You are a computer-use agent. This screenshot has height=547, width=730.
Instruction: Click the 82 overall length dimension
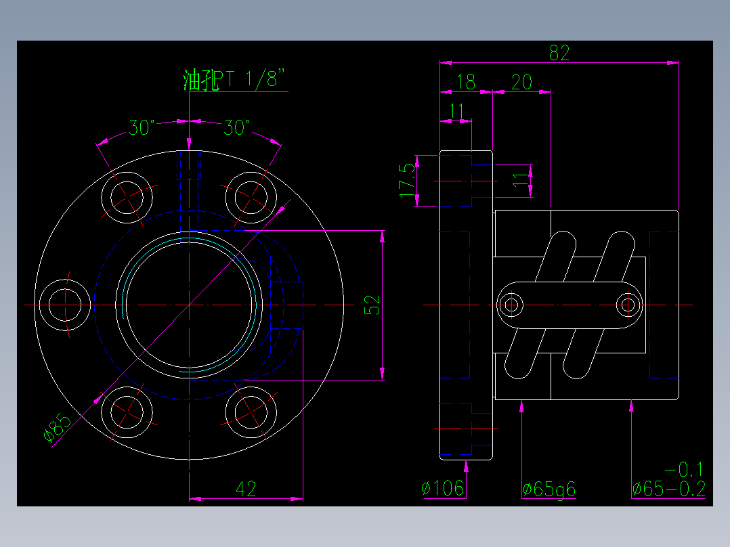[559, 53]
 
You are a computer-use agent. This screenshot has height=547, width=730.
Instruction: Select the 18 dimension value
[466, 83]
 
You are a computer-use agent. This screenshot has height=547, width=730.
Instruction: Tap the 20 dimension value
[521, 83]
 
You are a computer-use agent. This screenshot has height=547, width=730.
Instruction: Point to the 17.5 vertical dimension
[407, 180]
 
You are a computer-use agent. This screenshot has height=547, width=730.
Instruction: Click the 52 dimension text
[373, 305]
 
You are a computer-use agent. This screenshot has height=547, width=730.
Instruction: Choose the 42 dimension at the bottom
[246, 489]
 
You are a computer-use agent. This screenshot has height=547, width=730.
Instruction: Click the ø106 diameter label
[442, 488]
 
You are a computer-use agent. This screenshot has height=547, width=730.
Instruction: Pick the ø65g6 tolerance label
[549, 489]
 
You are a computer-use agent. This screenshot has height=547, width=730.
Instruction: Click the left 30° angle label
[143, 127]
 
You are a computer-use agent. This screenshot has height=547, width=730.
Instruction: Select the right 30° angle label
[238, 127]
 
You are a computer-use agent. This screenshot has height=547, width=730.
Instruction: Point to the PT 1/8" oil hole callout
[237, 81]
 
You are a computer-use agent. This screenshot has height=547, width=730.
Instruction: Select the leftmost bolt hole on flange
[65, 305]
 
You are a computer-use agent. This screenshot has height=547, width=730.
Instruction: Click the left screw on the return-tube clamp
[511, 305]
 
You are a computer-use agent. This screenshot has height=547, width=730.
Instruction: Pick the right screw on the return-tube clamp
[628, 305]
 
